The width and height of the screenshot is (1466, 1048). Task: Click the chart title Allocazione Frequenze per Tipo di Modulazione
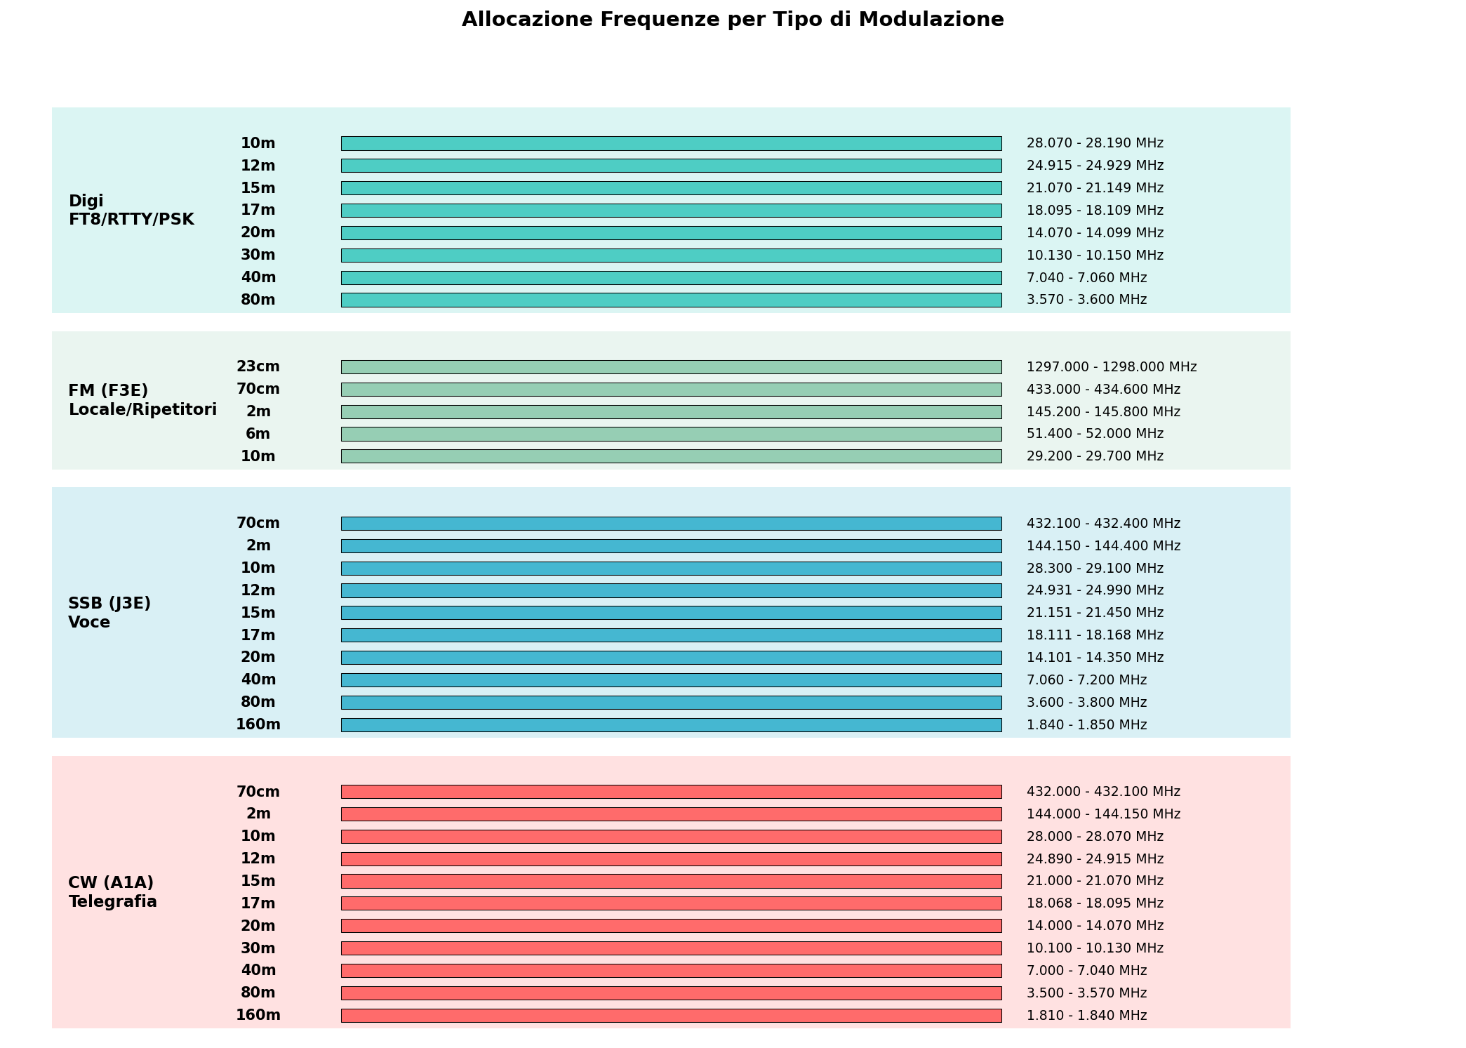[733, 20]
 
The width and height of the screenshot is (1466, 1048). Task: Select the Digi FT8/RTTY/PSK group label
[131, 210]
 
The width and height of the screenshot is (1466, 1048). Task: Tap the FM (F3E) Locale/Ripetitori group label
[142, 399]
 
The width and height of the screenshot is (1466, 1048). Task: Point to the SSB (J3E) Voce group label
[109, 612]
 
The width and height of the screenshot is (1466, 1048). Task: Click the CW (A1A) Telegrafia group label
[112, 891]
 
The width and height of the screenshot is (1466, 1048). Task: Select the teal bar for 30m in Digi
[671, 256]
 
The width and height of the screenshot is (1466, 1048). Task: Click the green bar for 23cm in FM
[671, 367]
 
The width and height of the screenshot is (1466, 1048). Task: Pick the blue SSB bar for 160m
[671, 724]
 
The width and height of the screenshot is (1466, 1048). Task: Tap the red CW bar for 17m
[671, 903]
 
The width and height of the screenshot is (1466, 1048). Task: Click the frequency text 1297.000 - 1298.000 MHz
[1112, 367]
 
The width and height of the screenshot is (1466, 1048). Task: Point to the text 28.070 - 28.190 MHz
[1095, 143]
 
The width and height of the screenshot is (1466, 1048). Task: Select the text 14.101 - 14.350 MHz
[1095, 658]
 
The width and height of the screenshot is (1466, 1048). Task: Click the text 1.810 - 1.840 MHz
[1086, 1015]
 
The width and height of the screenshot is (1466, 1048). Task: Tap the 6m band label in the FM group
[258, 434]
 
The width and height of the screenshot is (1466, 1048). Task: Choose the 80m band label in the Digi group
[258, 300]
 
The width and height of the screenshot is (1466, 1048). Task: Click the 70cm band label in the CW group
[258, 792]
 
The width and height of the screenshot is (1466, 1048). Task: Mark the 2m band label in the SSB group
[258, 545]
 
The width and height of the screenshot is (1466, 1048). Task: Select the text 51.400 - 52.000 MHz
[1095, 434]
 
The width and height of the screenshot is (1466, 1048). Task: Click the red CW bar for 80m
[671, 993]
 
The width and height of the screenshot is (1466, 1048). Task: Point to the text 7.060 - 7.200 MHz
[1086, 679]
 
